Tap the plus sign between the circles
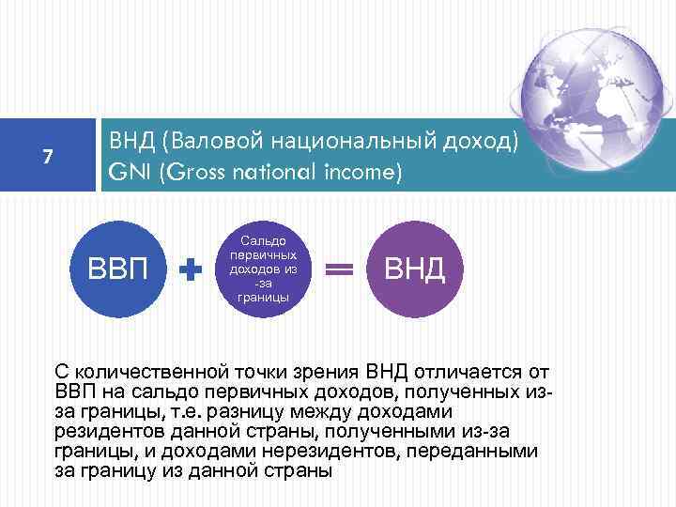click(192, 270)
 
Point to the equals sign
click(338, 270)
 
